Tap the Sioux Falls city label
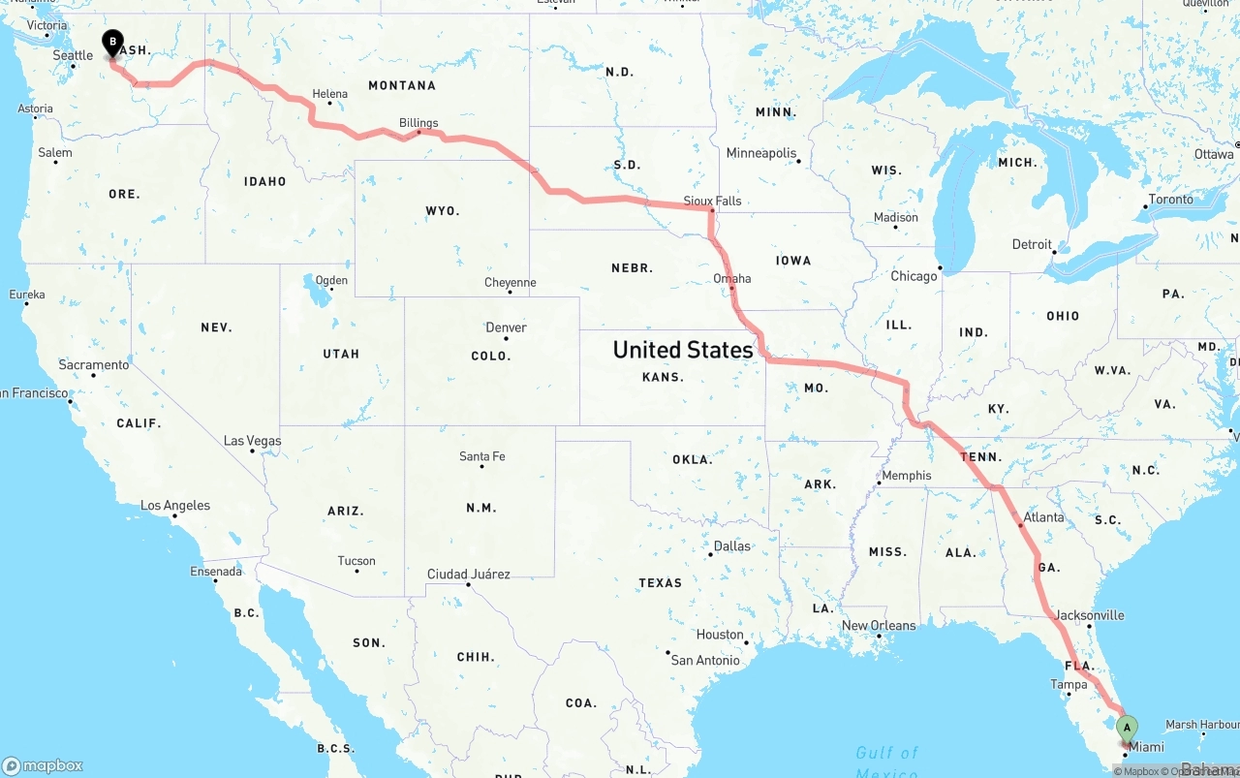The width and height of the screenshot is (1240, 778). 712,201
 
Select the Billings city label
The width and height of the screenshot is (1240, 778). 418,123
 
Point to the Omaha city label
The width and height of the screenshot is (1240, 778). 731,278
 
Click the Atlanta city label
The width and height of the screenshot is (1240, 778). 1043,517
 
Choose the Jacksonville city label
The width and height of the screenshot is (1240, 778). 1090,615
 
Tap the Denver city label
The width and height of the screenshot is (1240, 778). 506,327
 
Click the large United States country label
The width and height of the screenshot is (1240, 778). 683,350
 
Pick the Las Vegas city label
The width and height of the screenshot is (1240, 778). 252,440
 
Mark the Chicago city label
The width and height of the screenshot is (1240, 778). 914,276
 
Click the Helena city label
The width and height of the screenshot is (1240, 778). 329,94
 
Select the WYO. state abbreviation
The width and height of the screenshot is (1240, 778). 443,210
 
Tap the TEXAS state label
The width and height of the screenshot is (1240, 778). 660,582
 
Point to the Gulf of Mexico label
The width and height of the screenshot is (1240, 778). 886,762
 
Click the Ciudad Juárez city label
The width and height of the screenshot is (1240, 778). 469,575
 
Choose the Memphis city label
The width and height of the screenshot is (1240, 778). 907,475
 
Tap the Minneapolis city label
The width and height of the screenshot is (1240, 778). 761,153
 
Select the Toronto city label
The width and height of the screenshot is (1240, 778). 1170,199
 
